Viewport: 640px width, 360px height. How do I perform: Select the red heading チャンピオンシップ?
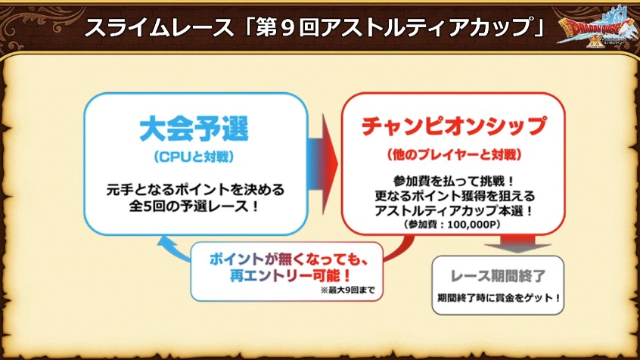(x=454, y=126)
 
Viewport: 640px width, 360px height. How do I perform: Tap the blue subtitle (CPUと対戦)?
(x=194, y=157)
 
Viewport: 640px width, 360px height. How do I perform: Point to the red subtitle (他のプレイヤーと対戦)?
(x=454, y=155)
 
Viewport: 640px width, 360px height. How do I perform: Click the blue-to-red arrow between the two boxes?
(x=323, y=164)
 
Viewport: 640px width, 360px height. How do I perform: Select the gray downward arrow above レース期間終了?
(x=517, y=244)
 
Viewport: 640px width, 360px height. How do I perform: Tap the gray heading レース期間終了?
(x=498, y=276)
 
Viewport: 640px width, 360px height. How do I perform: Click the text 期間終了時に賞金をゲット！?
(x=499, y=298)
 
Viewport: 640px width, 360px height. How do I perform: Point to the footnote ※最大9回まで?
(x=347, y=290)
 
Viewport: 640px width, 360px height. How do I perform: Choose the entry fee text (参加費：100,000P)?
(x=452, y=225)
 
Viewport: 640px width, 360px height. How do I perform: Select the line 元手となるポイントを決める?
(x=195, y=190)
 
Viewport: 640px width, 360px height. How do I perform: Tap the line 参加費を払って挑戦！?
(x=454, y=181)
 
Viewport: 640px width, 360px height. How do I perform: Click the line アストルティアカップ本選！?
(x=454, y=211)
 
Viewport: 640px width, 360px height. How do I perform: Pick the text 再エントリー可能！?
(x=290, y=276)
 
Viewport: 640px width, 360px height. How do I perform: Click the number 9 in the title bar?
(x=288, y=29)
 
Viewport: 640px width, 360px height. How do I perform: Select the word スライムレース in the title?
(x=159, y=28)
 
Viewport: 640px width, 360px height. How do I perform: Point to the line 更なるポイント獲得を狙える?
(x=455, y=197)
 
